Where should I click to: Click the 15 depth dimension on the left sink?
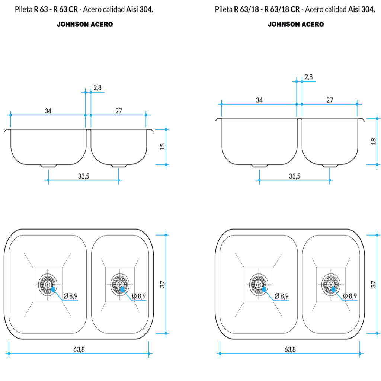coord(163,147)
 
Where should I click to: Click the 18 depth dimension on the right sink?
coord(374,141)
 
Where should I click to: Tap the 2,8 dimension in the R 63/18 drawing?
coord(308,77)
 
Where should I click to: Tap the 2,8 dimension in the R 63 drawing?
coord(97,88)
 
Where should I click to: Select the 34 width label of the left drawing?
coord(48,111)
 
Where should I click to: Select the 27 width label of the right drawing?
coord(330,100)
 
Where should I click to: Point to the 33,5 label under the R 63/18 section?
coord(295,176)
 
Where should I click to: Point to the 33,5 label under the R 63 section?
coord(84,176)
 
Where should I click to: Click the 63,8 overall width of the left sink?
coord(79,349)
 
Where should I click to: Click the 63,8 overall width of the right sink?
coord(290,349)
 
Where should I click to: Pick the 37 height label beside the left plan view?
coord(163,284)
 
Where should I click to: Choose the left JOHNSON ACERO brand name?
coord(85,24)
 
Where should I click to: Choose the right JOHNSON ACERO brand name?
coord(296,24)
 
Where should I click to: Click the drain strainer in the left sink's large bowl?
coord(48,285)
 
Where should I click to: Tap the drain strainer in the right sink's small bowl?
coord(331,285)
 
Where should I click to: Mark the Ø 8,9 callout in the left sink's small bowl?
coord(139,296)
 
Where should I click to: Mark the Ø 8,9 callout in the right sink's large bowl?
coord(282,296)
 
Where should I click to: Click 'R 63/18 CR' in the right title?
coord(282,9)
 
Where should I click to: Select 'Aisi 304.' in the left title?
coord(140,9)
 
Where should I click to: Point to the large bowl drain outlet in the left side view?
coord(49,166)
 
